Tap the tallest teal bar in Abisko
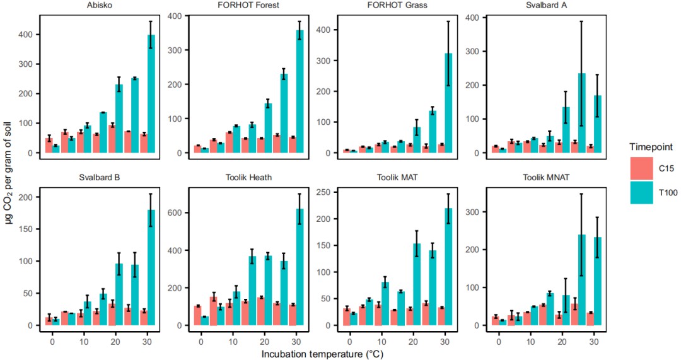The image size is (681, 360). click(x=151, y=93)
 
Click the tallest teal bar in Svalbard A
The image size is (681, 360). click(x=582, y=113)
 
